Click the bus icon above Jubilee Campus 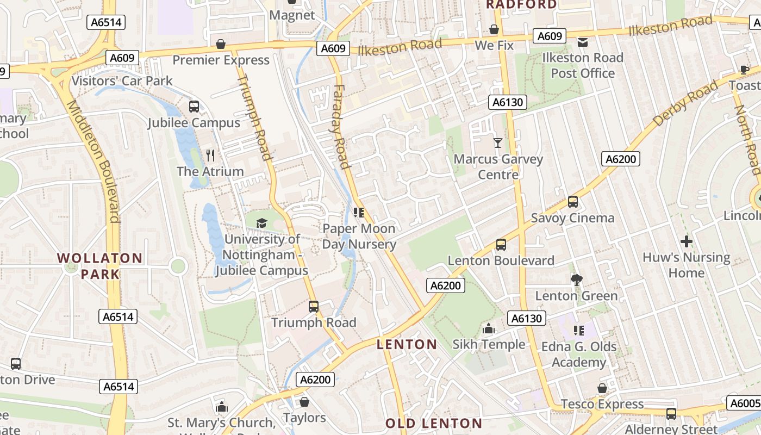tap(194, 107)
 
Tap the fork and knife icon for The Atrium tap(210, 156)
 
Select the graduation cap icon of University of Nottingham tap(262, 223)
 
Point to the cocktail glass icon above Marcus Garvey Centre tap(497, 143)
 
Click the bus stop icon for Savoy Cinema tap(572, 202)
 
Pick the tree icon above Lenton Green tap(576, 280)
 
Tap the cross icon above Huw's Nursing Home tap(687, 241)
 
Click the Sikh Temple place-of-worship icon tap(489, 328)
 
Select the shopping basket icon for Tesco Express tap(602, 388)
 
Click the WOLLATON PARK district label tap(100, 266)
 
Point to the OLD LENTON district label tap(434, 423)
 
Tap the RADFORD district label tap(521, 5)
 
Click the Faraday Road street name tap(340, 126)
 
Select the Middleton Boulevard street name tap(93, 161)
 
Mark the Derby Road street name tap(685, 103)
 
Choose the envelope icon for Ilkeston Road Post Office tap(582, 42)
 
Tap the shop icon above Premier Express tap(221, 44)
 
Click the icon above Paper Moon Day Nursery tap(358, 212)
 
